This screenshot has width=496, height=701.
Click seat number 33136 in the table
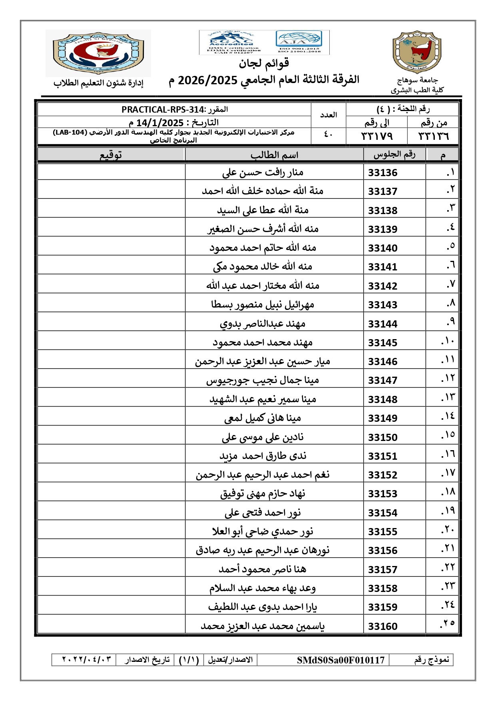coord(382,173)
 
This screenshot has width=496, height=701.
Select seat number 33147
coord(382,380)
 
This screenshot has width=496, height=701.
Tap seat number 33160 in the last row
coord(382,626)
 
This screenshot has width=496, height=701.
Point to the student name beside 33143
coord(263,305)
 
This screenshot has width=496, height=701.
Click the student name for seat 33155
coord(263,532)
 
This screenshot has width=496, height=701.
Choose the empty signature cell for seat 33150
coord(111,437)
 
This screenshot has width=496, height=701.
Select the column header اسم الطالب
coord(274,155)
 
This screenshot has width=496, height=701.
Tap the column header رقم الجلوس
coord(394,155)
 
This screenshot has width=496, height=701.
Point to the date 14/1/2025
coord(160,123)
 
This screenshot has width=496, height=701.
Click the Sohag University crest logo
coord(417,52)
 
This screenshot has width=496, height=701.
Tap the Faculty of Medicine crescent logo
coord(98,53)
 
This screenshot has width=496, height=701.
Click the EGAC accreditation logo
coord(231,42)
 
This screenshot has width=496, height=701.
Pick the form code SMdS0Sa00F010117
coord(341,660)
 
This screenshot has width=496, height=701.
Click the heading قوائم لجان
coord(264,63)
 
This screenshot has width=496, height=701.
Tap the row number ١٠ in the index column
coord(448,342)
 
